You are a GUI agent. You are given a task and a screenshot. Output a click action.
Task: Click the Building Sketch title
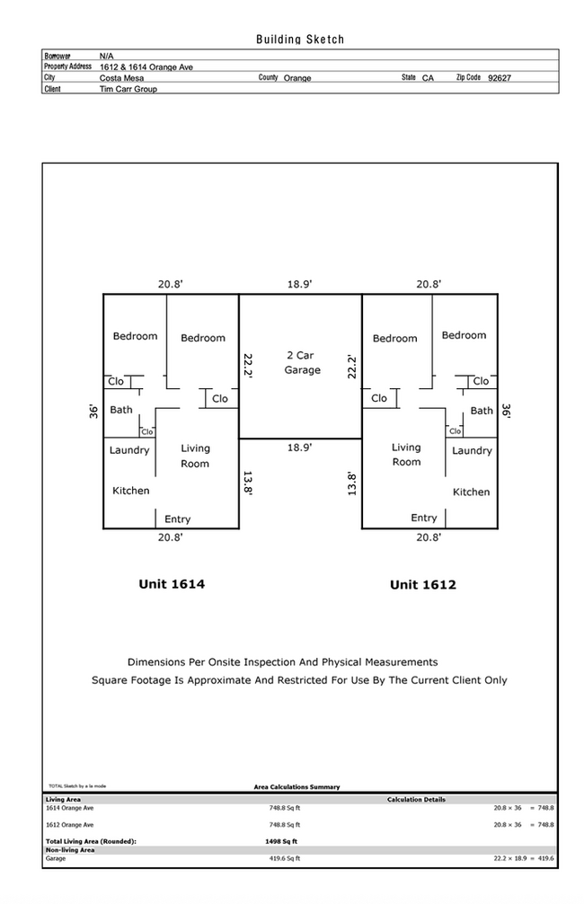(300, 40)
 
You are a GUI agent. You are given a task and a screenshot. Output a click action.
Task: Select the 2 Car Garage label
(302, 363)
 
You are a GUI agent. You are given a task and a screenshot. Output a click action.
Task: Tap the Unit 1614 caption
(172, 584)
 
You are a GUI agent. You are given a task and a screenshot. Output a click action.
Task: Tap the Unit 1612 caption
(422, 585)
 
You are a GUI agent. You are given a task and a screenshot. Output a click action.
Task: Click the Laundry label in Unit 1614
(129, 450)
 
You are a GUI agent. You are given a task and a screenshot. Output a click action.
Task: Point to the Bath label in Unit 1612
(482, 411)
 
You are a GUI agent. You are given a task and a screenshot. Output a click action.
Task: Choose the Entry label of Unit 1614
(177, 519)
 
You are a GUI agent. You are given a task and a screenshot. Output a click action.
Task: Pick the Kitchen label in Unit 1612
(471, 492)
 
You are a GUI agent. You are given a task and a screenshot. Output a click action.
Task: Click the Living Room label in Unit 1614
(195, 456)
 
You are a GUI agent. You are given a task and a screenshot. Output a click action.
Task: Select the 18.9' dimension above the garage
(300, 284)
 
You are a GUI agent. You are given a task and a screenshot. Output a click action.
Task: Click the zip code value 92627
(500, 78)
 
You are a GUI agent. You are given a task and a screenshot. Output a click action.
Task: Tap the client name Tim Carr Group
(128, 90)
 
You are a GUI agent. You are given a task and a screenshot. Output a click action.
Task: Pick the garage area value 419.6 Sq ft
(285, 858)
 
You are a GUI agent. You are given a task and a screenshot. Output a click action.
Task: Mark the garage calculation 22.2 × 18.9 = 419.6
(524, 858)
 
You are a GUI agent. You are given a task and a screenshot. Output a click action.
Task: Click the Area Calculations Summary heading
(296, 787)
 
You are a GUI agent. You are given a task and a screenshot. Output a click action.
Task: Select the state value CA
(428, 78)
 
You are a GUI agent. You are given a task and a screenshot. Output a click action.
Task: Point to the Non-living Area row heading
(70, 849)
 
